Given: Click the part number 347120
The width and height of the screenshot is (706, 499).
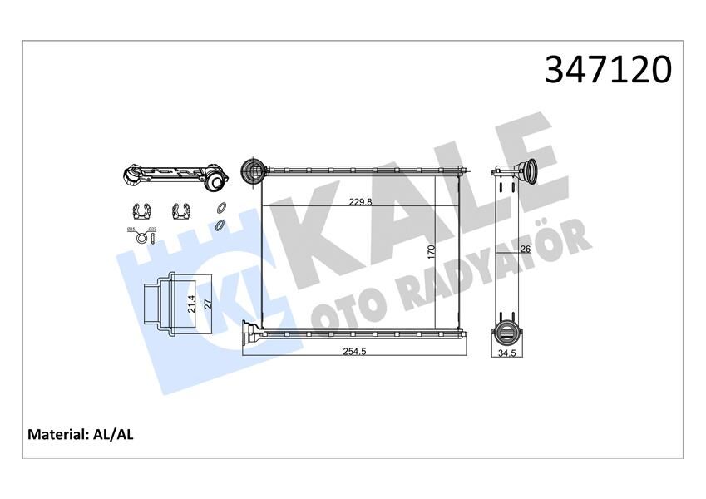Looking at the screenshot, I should point(607,70).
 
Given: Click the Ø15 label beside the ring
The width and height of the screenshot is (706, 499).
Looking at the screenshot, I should point(131,230).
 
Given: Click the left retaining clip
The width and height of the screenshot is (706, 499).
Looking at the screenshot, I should point(141,211).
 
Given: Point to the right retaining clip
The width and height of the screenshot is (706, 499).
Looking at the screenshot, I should point(182,211).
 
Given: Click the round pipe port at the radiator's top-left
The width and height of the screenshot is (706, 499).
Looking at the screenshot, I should point(251,171).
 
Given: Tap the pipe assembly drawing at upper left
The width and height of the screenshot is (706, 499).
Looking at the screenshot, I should point(175,176).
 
